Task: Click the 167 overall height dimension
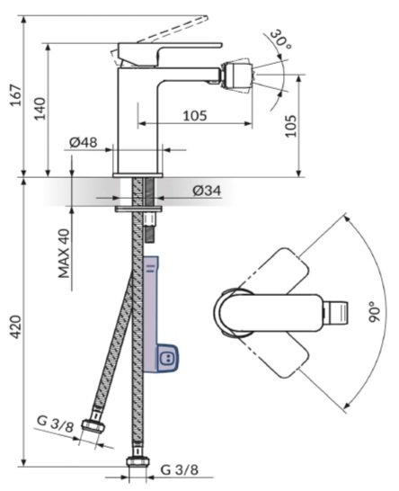click(15, 95)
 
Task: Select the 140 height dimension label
click(40, 108)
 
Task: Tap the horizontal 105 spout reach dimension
click(195, 115)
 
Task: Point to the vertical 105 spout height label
click(291, 126)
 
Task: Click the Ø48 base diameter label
click(84, 142)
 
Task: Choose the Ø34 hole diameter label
click(207, 190)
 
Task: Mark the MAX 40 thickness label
click(64, 254)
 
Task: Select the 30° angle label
click(280, 39)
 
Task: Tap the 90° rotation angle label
click(375, 312)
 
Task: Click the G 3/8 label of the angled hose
click(56, 424)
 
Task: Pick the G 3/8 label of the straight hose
click(180, 469)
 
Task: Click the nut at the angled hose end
click(93, 425)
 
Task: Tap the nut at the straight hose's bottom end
click(137, 462)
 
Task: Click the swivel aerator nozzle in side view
click(237, 75)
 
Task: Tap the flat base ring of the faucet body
click(137, 175)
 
